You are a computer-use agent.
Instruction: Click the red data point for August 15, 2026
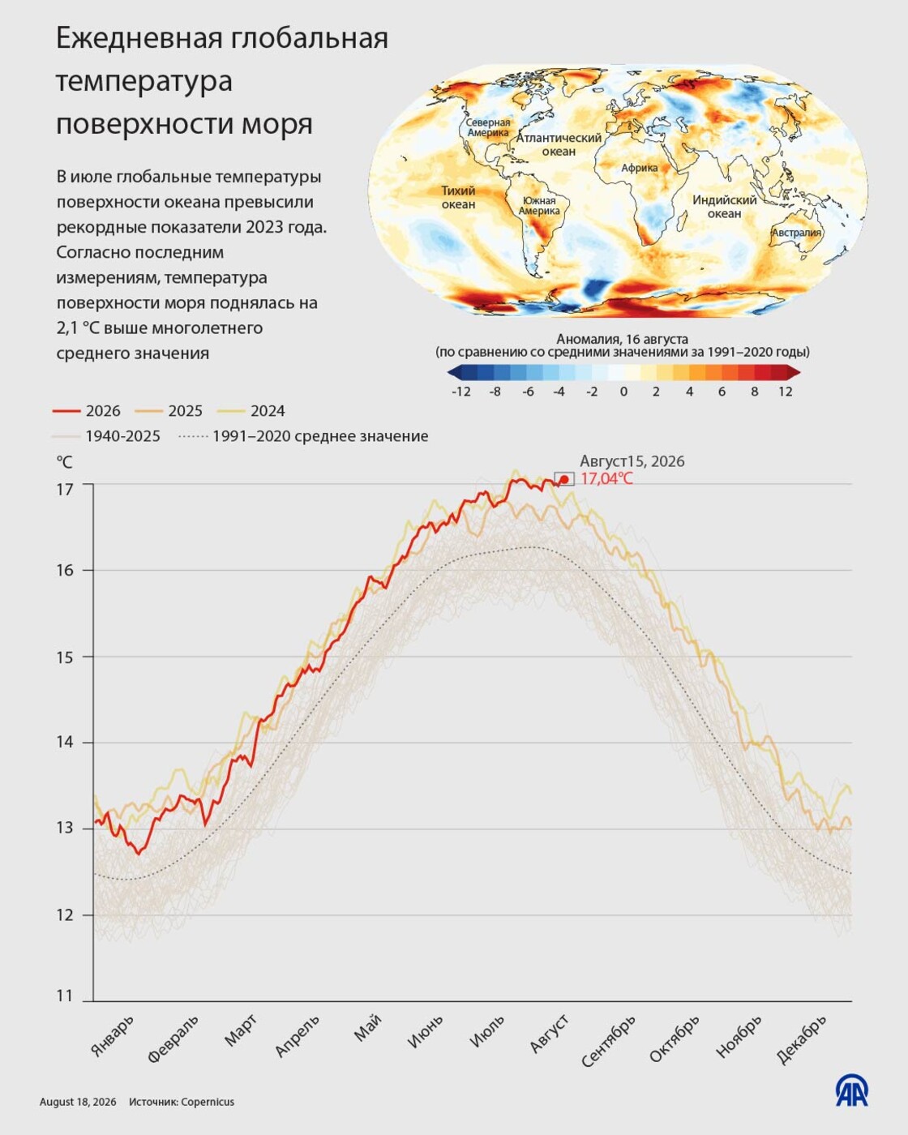[564, 479]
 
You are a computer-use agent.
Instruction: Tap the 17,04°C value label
[606, 479]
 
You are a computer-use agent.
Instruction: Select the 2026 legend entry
[87, 411]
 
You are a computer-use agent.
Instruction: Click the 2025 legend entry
[169, 411]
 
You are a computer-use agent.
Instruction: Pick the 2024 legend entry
[251, 411]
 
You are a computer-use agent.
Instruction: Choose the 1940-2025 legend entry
[106, 436]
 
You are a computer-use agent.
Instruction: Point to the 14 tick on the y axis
[64, 743]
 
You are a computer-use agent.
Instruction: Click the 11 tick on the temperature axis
[64, 996]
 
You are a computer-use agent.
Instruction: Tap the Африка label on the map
[639, 169]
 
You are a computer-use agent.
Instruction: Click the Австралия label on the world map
[797, 233]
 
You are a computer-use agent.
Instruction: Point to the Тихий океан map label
[459, 197]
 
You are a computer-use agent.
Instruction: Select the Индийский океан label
[725, 207]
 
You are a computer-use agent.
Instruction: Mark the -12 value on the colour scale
[461, 392]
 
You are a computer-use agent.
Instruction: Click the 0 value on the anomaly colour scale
[623, 392]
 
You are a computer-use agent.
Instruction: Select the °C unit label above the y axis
[64, 463]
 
